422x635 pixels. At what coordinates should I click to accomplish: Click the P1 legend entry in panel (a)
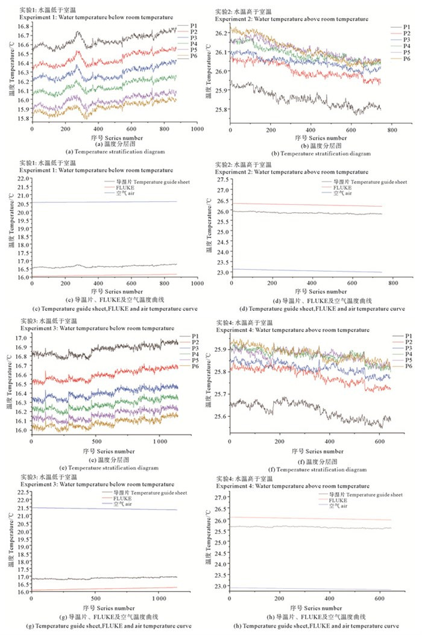pos(193,26)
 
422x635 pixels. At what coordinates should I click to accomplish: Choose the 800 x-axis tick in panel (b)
pos(391,130)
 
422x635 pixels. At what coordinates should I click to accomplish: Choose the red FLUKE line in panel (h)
pos(301,518)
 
